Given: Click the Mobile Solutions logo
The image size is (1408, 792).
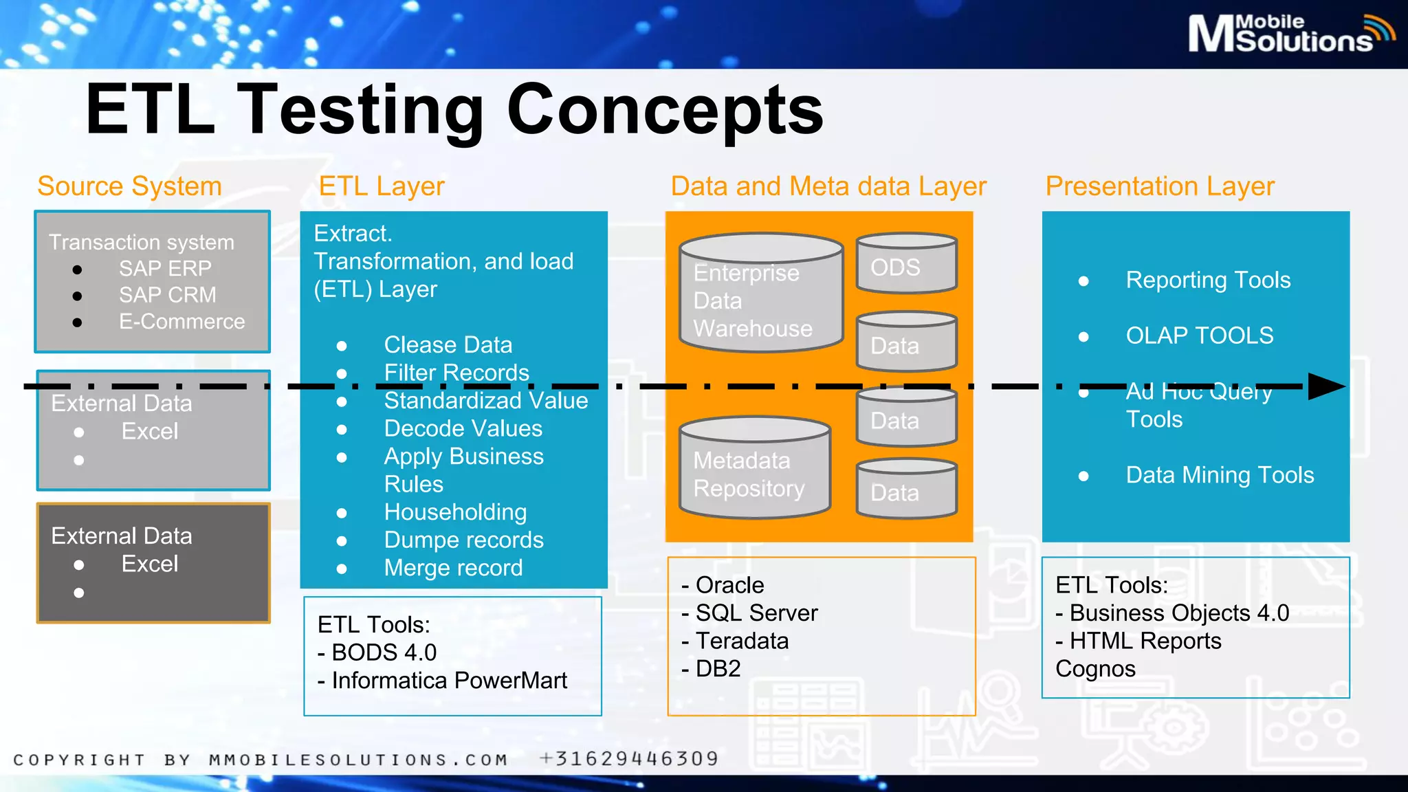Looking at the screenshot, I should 1290,33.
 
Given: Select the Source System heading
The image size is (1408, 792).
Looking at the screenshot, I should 129,186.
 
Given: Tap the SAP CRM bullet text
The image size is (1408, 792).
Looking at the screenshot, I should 167,295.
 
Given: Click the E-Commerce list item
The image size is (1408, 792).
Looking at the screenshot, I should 181,322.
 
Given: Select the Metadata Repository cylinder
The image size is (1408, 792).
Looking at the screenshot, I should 754,470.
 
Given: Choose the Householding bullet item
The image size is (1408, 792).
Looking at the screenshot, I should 455,512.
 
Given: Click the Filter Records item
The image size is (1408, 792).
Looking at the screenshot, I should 456,373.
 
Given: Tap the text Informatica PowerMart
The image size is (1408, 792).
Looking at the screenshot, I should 449,681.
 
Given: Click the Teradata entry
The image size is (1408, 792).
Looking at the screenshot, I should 742,641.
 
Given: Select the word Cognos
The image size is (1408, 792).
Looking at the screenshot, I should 1095,669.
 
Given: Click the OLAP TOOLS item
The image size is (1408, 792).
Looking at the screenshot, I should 1199,335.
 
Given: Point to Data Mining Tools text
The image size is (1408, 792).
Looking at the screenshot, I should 1220,475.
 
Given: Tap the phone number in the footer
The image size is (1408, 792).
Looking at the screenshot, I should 629,759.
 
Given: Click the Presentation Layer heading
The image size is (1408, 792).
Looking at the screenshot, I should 1160,186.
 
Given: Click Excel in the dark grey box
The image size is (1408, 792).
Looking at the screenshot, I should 149,564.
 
